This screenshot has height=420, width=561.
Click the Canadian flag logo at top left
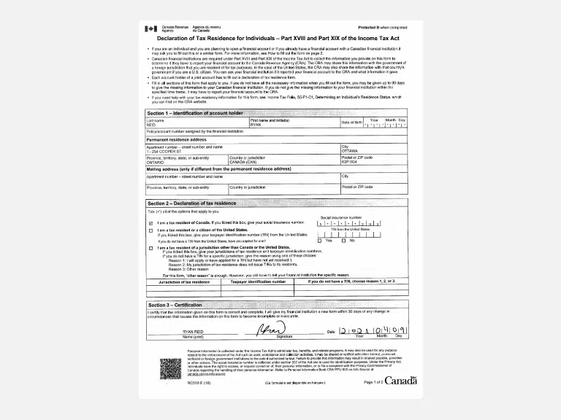pos(151,28)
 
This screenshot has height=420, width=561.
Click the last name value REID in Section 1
pos(151,125)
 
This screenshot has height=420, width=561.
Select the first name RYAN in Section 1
pos(256,125)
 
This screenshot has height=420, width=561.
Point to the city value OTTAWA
pos(351,150)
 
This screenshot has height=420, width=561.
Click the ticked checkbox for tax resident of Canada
pos(150,223)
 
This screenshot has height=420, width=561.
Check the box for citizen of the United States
pos(150,230)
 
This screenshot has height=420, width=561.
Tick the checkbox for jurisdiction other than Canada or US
pos(150,248)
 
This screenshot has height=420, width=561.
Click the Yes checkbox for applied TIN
pos(319,241)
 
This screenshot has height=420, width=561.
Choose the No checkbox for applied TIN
pos(344,241)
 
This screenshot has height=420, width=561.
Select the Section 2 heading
pos(192,203)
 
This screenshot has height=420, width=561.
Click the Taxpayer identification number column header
pos(258,281)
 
